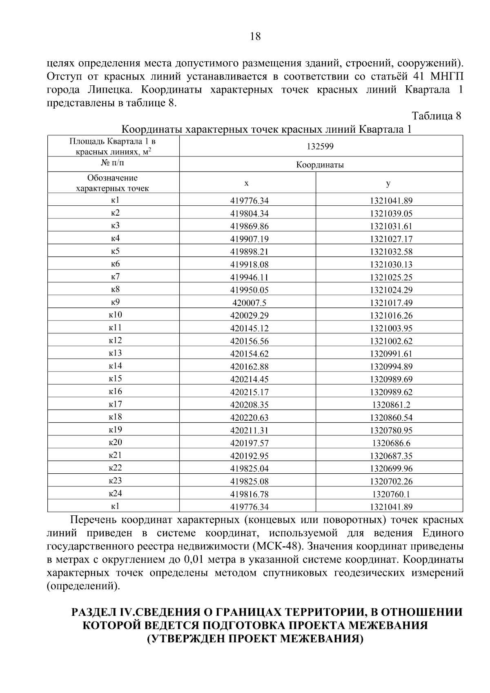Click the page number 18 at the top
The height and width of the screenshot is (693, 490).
(255, 37)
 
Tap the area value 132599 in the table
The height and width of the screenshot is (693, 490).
(321, 146)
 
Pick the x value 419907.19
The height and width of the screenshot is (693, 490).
(249, 239)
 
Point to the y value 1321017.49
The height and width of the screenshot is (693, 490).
(391, 303)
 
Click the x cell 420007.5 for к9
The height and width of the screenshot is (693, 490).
(249, 303)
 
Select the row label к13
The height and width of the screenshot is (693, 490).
(115, 353)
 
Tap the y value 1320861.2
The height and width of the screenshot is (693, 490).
(391, 405)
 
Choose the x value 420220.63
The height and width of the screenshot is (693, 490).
(249, 417)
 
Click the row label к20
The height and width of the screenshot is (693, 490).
(115, 443)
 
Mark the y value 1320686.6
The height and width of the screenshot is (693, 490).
(391, 443)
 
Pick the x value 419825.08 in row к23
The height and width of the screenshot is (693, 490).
(249, 481)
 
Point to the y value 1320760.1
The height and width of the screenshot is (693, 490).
(391, 494)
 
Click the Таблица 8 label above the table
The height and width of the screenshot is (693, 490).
(437, 116)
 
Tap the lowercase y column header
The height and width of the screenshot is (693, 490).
(388, 183)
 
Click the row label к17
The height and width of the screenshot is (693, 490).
(115, 404)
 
